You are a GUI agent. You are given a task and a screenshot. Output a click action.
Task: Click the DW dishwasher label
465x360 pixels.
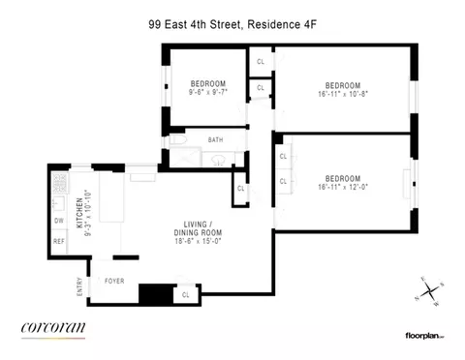tap(58, 219)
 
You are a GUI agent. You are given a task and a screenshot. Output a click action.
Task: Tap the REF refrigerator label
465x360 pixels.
tap(58, 242)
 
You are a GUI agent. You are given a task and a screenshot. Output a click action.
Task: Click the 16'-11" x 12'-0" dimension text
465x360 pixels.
tap(344, 187)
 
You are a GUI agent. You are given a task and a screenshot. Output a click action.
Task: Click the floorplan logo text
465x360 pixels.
tap(423, 335)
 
